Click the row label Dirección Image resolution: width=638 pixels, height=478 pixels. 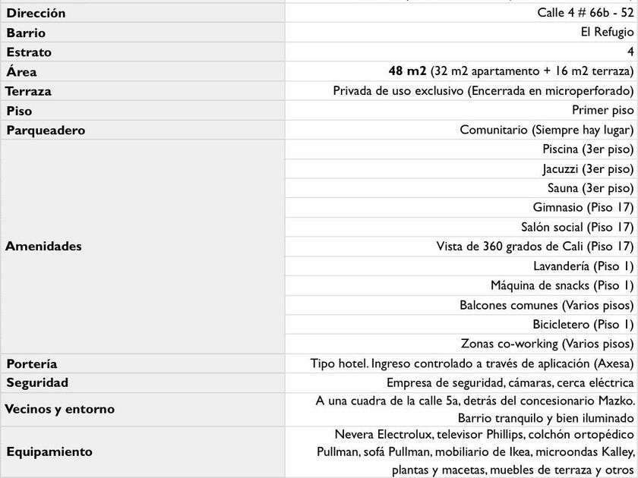(36, 13)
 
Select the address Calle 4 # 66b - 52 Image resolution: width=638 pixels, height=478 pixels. (586, 13)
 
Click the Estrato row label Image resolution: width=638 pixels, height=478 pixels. (29, 52)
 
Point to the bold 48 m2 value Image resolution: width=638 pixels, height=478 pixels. (407, 71)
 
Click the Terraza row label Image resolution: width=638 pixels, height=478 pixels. (28, 91)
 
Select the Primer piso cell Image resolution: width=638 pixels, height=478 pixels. (602, 111)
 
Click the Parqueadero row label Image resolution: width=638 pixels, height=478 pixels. (46, 131)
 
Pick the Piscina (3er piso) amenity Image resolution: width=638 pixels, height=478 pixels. (587, 149)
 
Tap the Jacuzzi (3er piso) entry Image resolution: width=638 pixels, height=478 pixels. (587, 168)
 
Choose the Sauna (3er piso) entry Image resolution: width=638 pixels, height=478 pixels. (589, 188)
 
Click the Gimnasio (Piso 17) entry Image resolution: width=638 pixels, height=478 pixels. (583, 207)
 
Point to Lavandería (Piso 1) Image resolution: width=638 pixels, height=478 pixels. (583, 266)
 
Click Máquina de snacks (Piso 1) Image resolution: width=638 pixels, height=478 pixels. (561, 286)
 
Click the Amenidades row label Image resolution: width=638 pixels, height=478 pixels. (43, 247)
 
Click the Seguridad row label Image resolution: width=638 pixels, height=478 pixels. (37, 383)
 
